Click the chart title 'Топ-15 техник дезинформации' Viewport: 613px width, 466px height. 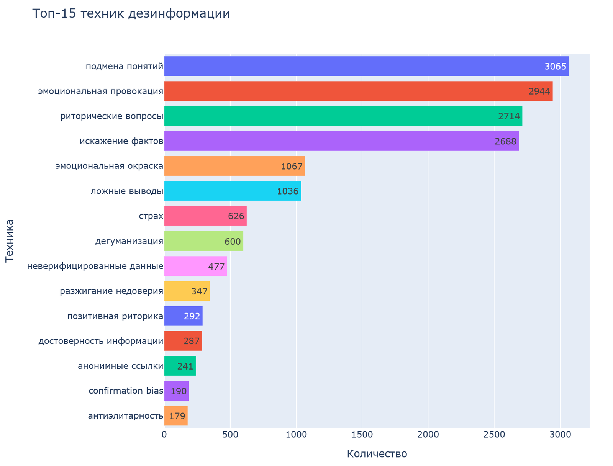[x=131, y=14]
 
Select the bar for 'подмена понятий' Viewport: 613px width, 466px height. [x=366, y=66]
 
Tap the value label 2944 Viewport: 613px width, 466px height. [x=539, y=92]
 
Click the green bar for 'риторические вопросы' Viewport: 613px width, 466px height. [x=343, y=116]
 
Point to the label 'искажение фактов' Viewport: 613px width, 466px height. [x=121, y=141]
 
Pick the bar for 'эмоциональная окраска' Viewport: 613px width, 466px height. [x=234, y=166]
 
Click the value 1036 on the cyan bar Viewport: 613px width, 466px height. [x=287, y=191]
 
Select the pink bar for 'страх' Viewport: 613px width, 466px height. [x=205, y=216]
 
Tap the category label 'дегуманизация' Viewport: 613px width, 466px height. [x=129, y=241]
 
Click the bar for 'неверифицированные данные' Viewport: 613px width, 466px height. [x=195, y=266]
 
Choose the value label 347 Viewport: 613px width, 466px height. [x=199, y=291]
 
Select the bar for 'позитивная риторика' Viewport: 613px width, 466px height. [x=183, y=316]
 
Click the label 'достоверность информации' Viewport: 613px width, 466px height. [x=101, y=341]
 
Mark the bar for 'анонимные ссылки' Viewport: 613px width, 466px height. [x=180, y=366]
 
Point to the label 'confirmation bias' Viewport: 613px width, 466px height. [x=126, y=391]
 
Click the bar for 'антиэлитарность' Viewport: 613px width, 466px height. [x=176, y=416]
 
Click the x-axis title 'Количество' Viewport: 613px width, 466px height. [x=377, y=454]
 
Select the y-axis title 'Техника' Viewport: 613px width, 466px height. [x=10, y=241]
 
